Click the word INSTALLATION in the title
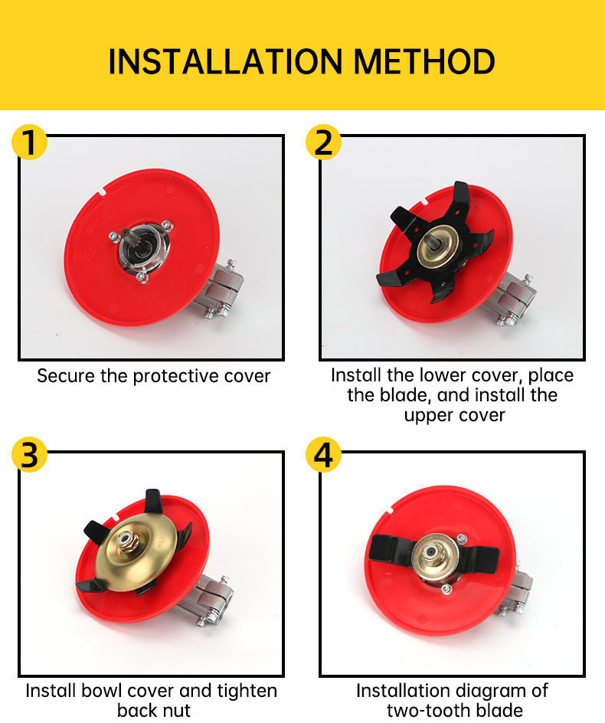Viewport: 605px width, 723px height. click(x=225, y=61)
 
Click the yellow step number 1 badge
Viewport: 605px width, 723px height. click(x=30, y=142)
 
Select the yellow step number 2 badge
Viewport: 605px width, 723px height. click(x=324, y=142)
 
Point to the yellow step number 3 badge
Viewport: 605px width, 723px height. click(x=30, y=455)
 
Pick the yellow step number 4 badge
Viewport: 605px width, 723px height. click(x=324, y=455)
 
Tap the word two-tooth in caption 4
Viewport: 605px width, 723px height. click(x=425, y=711)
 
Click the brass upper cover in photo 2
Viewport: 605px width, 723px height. click(x=437, y=248)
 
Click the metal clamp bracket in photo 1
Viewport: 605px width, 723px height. click(x=221, y=290)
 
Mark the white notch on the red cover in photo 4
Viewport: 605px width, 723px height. click(x=389, y=510)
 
